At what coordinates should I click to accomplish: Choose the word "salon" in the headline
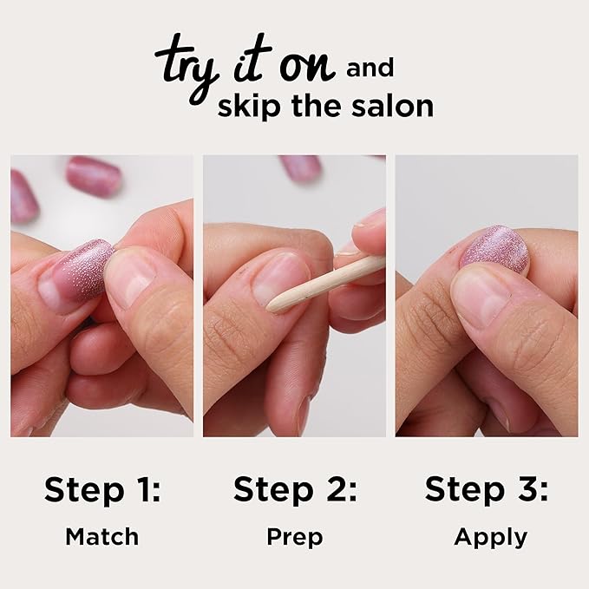[x=394, y=106]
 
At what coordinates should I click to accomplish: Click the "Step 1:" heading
[x=102, y=490]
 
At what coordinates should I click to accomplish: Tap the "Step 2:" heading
[x=295, y=490]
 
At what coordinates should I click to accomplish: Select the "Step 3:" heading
[x=487, y=490]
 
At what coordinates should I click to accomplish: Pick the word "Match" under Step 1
[x=102, y=537]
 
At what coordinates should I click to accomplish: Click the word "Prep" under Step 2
[x=295, y=538]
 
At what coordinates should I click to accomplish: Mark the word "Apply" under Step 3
[x=490, y=538]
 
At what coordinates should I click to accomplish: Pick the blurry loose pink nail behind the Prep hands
[x=301, y=167]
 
